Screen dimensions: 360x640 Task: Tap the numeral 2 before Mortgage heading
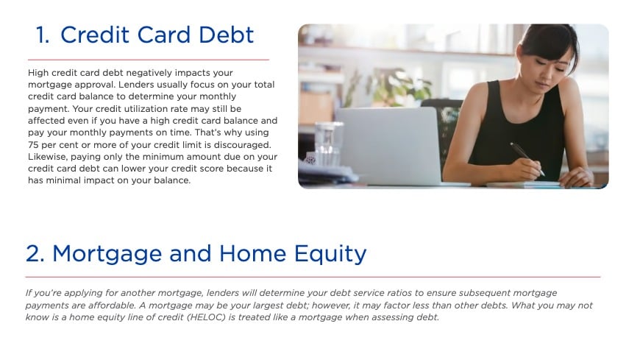(35, 254)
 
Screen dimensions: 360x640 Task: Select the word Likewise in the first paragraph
(49, 157)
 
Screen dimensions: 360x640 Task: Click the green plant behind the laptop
(397, 88)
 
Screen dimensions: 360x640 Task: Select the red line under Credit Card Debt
(148, 59)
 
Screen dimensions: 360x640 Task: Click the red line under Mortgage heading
(313, 277)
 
